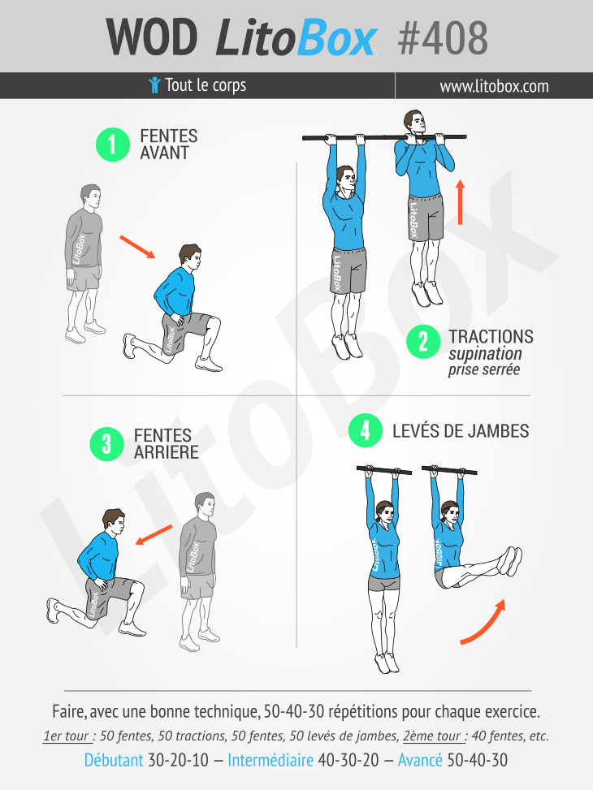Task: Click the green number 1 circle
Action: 113,145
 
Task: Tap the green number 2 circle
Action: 423,342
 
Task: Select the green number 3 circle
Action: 107,444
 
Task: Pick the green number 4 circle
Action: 366,430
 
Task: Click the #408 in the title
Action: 443,38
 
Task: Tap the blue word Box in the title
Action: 336,38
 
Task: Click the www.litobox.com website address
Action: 494,86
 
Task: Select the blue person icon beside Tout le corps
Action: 155,84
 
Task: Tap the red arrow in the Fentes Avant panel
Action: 137,247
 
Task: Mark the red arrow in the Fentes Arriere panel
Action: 154,535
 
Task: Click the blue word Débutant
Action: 114,760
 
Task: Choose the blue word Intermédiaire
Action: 271,760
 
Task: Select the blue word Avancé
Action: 420,760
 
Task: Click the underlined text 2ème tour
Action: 433,736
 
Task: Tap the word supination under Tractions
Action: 485,354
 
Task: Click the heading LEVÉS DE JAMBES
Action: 461,431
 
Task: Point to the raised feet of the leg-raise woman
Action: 511,561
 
